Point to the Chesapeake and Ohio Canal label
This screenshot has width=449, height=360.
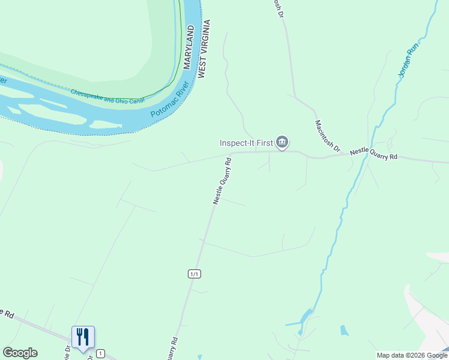pyautogui.click(x=108, y=96)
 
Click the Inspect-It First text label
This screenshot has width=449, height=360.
pyautogui.click(x=246, y=143)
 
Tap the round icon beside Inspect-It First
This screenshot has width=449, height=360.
pyautogui.click(x=282, y=143)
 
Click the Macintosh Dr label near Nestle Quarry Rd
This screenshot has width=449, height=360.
pyautogui.click(x=328, y=136)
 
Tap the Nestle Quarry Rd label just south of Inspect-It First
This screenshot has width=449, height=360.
pyautogui.click(x=222, y=181)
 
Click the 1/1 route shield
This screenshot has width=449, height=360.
pyautogui.click(x=194, y=274)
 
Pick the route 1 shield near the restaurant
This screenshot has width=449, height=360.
pyautogui.click(x=100, y=353)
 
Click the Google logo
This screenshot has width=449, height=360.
pyautogui.click(x=20, y=353)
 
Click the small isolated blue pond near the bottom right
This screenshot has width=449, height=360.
pyautogui.click(x=343, y=330)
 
